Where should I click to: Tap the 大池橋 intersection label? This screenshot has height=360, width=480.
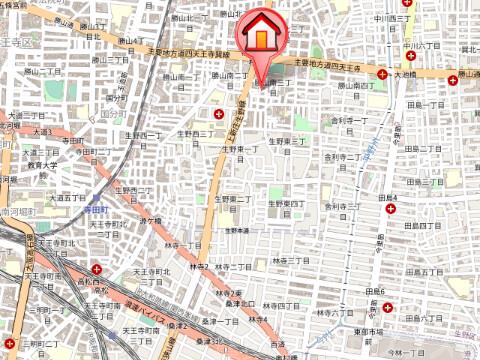click(404, 74)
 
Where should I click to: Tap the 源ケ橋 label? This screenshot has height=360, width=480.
click(151, 220)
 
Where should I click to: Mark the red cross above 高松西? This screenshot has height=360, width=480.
click(95, 269)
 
